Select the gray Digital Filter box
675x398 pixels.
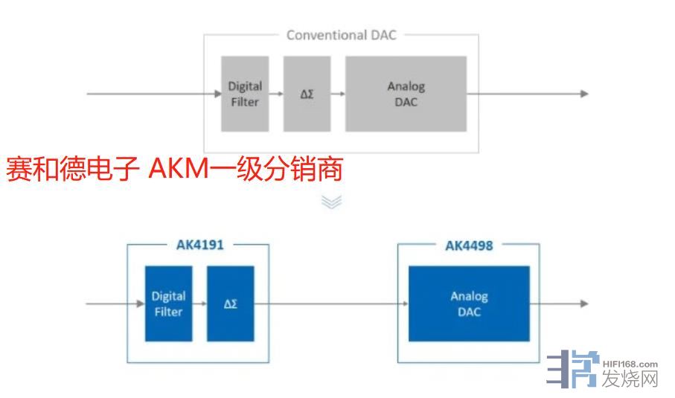245,94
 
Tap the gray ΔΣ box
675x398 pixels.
307,94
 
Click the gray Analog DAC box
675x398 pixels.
406,94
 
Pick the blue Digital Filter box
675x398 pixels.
167,304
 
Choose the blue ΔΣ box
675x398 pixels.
230,304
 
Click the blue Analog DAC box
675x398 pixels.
469,304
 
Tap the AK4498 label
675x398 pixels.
468,245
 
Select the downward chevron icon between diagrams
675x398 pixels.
331,201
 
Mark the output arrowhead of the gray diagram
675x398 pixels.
584,94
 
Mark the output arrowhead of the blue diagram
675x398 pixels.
584,304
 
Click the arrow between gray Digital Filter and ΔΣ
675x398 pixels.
276,94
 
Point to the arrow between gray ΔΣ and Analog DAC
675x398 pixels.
338,94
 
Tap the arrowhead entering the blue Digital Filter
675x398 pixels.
140,304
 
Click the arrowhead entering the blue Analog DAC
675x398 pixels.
404,304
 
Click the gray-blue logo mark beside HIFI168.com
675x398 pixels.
572,369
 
